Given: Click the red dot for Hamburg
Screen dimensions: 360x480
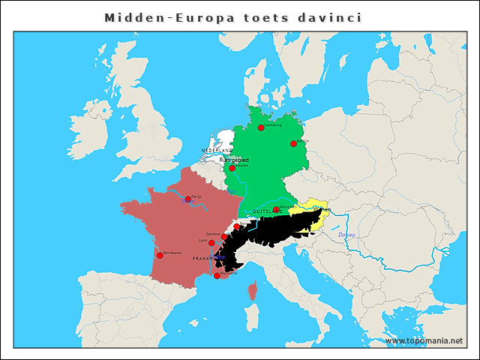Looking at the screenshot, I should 261,127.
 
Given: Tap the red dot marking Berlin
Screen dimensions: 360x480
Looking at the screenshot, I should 294,143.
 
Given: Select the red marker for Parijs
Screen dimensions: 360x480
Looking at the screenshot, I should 187,199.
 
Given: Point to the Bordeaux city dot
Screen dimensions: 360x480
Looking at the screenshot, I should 160,255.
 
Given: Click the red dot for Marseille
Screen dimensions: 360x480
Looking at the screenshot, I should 217,276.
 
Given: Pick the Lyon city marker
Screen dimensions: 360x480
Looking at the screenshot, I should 211,243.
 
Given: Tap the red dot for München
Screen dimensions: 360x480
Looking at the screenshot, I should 276,209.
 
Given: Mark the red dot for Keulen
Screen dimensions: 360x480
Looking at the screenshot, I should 232,168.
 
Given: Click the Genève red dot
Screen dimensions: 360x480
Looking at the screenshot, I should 224,236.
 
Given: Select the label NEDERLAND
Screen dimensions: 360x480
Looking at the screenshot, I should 217,151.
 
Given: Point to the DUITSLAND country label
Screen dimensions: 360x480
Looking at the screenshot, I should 266,211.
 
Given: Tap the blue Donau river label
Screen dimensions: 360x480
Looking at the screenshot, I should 346,235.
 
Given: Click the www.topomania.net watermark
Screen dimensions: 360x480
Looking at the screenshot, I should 424,341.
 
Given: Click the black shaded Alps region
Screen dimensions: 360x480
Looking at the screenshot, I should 270,232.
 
